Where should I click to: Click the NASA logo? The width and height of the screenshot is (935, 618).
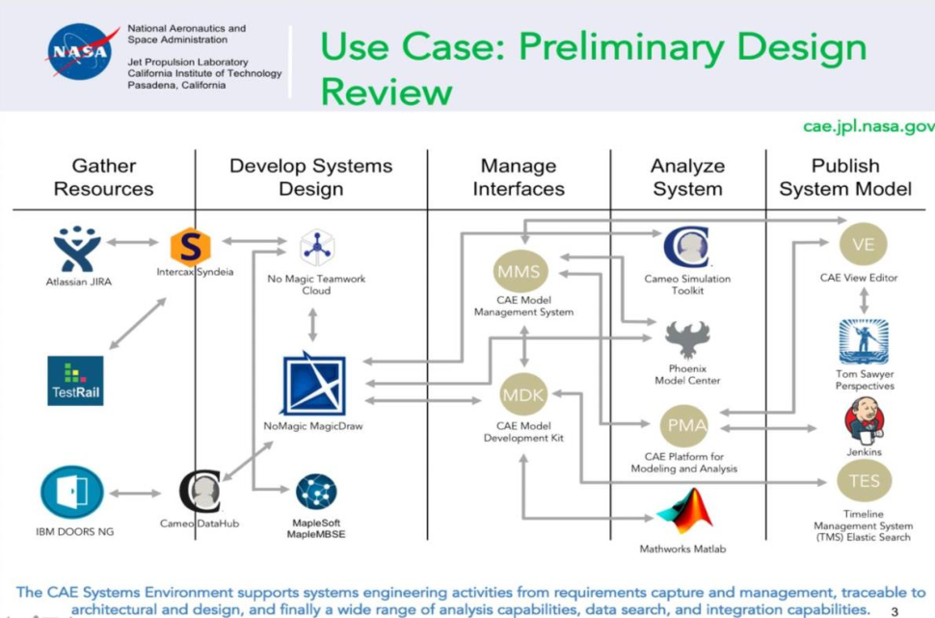pos(81,53)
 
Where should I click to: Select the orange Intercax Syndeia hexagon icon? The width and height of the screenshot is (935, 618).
pos(190,246)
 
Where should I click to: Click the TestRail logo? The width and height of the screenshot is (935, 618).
pos(75,380)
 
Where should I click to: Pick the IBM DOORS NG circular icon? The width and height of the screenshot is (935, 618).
pos(72,494)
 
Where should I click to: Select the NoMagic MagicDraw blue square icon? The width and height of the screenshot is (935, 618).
pos(314,385)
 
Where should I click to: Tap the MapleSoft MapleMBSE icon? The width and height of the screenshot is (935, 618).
pos(316,492)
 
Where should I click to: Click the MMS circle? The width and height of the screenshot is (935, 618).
pos(521,271)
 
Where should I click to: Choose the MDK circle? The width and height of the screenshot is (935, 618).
pos(523,394)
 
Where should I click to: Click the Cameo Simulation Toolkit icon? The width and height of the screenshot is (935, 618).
pos(686,248)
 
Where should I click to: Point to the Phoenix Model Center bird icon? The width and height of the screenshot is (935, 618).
pos(687,340)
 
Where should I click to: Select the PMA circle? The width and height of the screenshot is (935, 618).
pos(683,425)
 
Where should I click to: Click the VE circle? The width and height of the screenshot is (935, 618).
pos(864,245)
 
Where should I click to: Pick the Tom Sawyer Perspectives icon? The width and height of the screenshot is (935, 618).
pos(864,341)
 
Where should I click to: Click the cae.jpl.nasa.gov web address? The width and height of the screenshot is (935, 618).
pos(868,126)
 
